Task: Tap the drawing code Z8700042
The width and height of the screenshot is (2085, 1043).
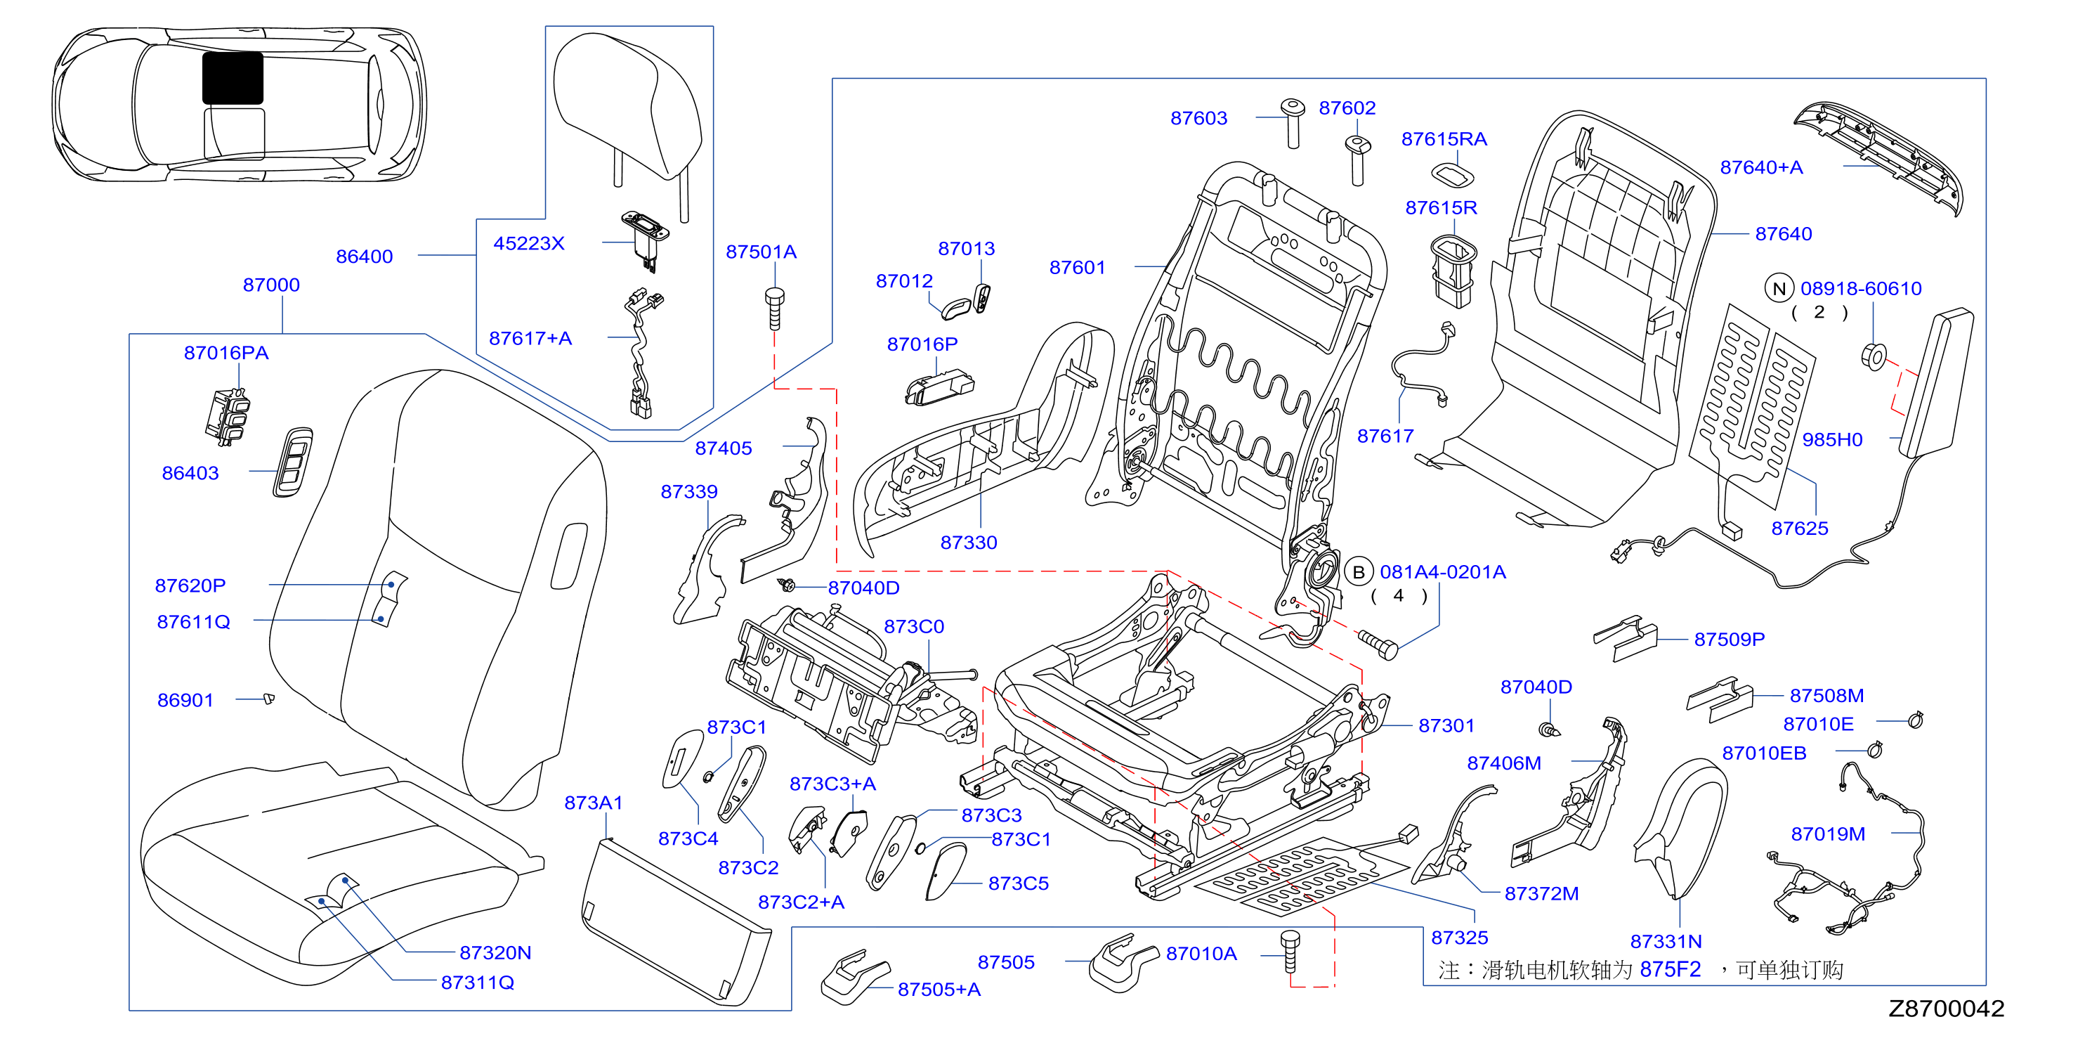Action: (1946, 1008)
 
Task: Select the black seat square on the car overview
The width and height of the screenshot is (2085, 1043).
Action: (233, 78)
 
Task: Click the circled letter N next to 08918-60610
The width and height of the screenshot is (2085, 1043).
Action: (1779, 288)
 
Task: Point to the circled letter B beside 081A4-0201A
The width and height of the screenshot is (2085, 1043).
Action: (1359, 571)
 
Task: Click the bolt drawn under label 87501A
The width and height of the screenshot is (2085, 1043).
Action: (775, 308)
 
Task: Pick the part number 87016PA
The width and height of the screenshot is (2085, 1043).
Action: (226, 352)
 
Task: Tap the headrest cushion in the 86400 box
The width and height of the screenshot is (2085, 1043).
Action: (627, 105)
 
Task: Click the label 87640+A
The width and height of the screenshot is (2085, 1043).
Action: (1761, 167)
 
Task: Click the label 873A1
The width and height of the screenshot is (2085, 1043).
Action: (594, 803)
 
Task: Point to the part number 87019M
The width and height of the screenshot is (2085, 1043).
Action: (1828, 834)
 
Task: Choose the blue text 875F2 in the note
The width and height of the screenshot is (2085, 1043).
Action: (1670, 969)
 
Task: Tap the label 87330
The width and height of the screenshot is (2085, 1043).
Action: (968, 543)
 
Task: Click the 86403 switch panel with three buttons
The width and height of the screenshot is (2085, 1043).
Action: (293, 462)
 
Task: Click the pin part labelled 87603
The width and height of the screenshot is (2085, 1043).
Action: (1293, 123)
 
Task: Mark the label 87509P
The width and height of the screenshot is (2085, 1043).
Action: (1729, 639)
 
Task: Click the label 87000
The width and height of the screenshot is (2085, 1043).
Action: (271, 285)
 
